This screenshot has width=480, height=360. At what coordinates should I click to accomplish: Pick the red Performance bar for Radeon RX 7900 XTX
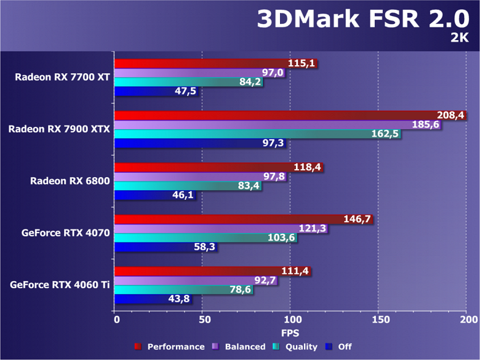point(290,115)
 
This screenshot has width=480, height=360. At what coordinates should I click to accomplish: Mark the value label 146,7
point(357,219)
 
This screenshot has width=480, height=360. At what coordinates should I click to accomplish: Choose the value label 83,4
point(247,186)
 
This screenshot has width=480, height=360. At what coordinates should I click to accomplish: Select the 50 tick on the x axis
point(202,320)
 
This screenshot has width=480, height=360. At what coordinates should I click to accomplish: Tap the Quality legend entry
point(297,347)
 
